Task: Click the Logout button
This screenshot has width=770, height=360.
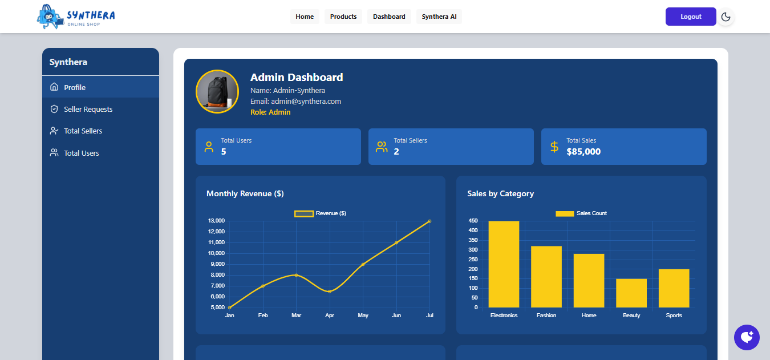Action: click(x=690, y=17)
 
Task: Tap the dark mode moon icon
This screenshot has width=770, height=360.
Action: click(x=726, y=17)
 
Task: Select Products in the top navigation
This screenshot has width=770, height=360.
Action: click(x=343, y=17)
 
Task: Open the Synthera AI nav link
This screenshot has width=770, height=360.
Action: click(x=439, y=17)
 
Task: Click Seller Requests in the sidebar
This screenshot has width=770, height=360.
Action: click(x=88, y=109)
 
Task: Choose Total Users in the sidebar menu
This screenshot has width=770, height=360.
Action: click(x=81, y=153)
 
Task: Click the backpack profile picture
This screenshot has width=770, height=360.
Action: click(x=217, y=91)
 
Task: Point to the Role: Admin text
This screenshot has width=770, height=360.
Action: click(x=270, y=112)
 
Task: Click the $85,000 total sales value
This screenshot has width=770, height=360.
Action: click(x=583, y=152)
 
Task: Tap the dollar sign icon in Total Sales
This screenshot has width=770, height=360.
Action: click(x=554, y=147)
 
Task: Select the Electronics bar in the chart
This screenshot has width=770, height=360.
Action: click(x=504, y=264)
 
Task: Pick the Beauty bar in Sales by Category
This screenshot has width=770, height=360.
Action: click(x=631, y=293)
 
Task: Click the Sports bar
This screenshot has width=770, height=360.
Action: click(x=674, y=288)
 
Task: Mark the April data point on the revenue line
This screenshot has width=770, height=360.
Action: click(x=330, y=292)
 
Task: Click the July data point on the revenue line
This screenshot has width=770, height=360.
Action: click(x=429, y=221)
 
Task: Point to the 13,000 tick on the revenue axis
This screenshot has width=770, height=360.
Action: click(x=216, y=221)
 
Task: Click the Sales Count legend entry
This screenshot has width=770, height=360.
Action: click(x=581, y=213)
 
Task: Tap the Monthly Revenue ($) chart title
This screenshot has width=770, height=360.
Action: click(x=245, y=194)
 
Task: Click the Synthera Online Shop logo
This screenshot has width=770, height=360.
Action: click(x=76, y=17)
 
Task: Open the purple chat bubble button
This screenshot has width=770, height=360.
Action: click(x=747, y=337)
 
